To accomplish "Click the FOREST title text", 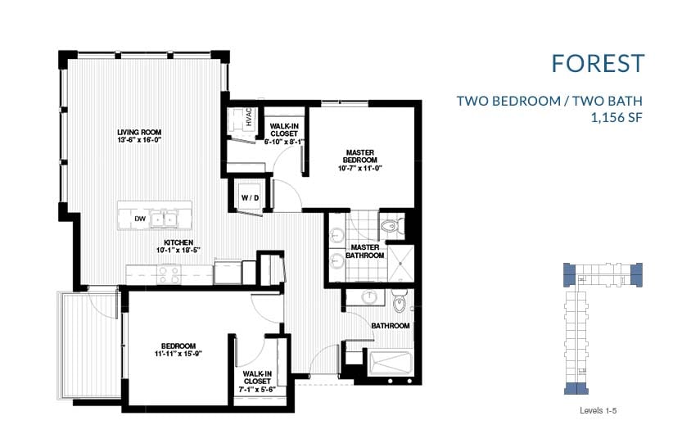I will [598, 63].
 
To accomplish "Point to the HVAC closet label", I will [250, 119].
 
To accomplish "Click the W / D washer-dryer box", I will [249, 197].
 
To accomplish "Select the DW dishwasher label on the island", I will [140, 219].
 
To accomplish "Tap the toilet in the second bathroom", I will [400, 303].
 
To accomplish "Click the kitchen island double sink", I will [168, 219].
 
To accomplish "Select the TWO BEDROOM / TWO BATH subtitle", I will [549, 102].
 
